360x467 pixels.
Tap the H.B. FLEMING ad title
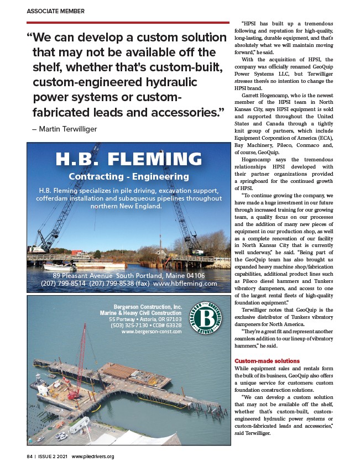coord(128,159)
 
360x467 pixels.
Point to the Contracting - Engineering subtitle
coord(128,177)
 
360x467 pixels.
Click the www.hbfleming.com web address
coord(185,284)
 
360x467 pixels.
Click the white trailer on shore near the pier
coord(79,424)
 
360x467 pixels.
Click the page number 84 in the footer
coord(30,456)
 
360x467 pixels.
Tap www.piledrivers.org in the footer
coord(93,456)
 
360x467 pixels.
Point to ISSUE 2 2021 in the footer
coord(53,456)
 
